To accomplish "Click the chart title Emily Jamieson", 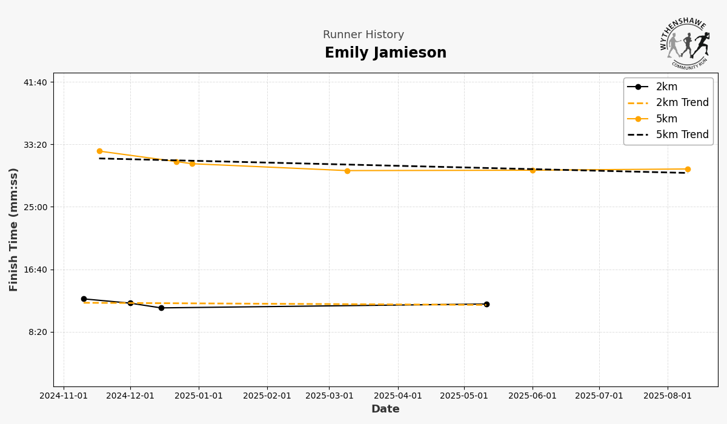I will click(x=385, y=53).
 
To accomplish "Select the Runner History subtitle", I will click(x=363, y=35).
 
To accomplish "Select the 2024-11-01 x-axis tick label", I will click(x=64, y=396).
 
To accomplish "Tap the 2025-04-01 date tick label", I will click(x=397, y=396).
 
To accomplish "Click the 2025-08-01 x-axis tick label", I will click(x=668, y=396).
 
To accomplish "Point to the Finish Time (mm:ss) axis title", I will click(x=14, y=230).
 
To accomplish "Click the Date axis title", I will click(x=385, y=409).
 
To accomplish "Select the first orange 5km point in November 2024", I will click(x=99, y=151).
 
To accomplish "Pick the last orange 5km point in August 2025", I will click(x=688, y=169).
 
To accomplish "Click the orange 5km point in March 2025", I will click(x=347, y=171).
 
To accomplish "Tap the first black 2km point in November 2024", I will click(x=84, y=299).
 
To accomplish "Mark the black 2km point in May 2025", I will click(x=486, y=304).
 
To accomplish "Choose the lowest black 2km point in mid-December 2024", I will click(x=161, y=308).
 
